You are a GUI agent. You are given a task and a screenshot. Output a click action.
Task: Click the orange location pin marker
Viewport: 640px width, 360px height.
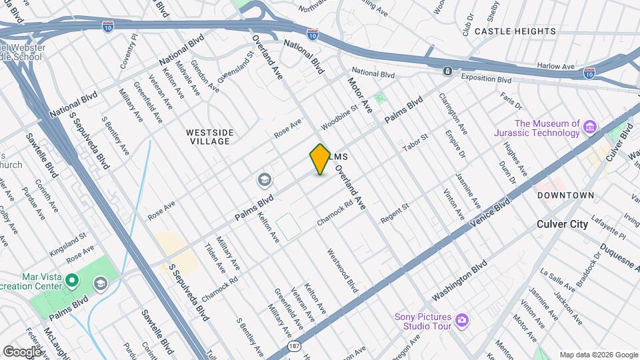pyautogui.click(x=320, y=159)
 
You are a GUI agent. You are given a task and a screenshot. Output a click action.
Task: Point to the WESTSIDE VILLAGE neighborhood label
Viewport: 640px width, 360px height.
pyautogui.click(x=209, y=137)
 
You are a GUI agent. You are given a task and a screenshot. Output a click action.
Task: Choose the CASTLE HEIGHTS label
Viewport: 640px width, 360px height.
pyautogui.click(x=515, y=31)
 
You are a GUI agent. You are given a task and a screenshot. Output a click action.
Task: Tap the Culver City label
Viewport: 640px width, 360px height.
pyautogui.click(x=562, y=224)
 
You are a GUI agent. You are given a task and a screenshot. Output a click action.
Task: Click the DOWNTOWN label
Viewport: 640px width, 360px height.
pyautogui.click(x=565, y=195)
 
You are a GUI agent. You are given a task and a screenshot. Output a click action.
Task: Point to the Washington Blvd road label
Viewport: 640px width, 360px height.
pyautogui.click(x=460, y=279)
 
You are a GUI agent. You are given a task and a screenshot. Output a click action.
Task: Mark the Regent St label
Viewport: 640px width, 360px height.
pyautogui.click(x=394, y=214)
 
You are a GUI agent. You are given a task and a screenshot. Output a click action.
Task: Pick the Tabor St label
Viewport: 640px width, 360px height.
pyautogui.click(x=415, y=143)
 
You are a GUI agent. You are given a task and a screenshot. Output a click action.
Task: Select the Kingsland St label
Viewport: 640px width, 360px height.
pyautogui.click(x=69, y=236)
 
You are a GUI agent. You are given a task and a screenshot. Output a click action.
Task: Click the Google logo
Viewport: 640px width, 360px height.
pyautogui.click(x=21, y=351)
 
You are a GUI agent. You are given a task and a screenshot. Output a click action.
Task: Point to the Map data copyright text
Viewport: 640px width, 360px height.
pyautogui.click(x=598, y=355)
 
